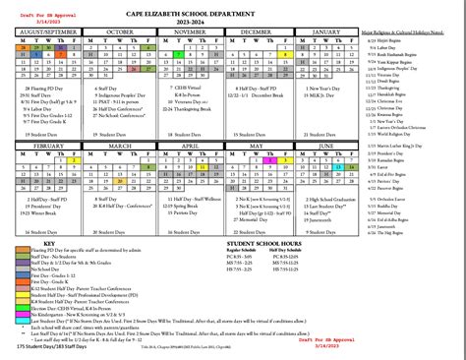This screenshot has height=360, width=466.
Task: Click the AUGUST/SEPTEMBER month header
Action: (x=47, y=32)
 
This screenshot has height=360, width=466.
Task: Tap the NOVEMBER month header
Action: (x=184, y=32)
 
